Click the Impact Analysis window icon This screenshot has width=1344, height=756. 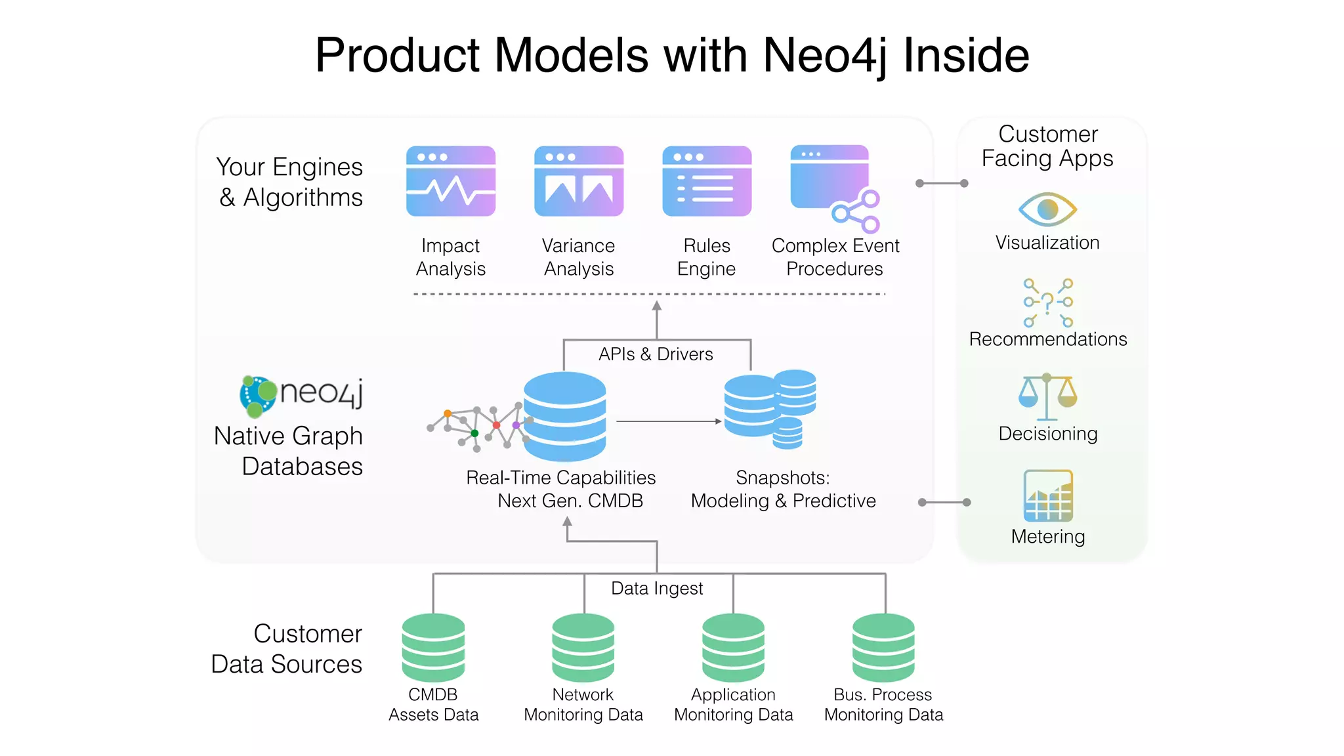coord(451,181)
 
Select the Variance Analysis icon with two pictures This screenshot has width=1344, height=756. coord(578,181)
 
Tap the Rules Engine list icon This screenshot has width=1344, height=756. coord(707,181)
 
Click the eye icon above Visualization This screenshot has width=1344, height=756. coord(1047,209)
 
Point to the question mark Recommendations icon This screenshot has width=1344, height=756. coord(1048,303)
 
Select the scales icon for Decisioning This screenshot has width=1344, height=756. coord(1047,397)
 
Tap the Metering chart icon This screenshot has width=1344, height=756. coord(1048,496)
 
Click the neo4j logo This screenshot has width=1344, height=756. coord(301,395)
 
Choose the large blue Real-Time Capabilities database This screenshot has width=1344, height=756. coord(564,416)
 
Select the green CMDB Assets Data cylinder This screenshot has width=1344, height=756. coord(433,648)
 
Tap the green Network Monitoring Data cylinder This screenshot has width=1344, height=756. coord(583,648)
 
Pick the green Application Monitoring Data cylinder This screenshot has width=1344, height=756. coord(733,648)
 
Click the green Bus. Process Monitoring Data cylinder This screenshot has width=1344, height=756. coord(883,648)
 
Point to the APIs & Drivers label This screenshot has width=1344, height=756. coord(656,354)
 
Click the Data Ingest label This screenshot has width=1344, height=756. coord(656,589)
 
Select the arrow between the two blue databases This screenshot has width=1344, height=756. coord(668,421)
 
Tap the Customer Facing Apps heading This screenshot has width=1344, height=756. coord(1047,146)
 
